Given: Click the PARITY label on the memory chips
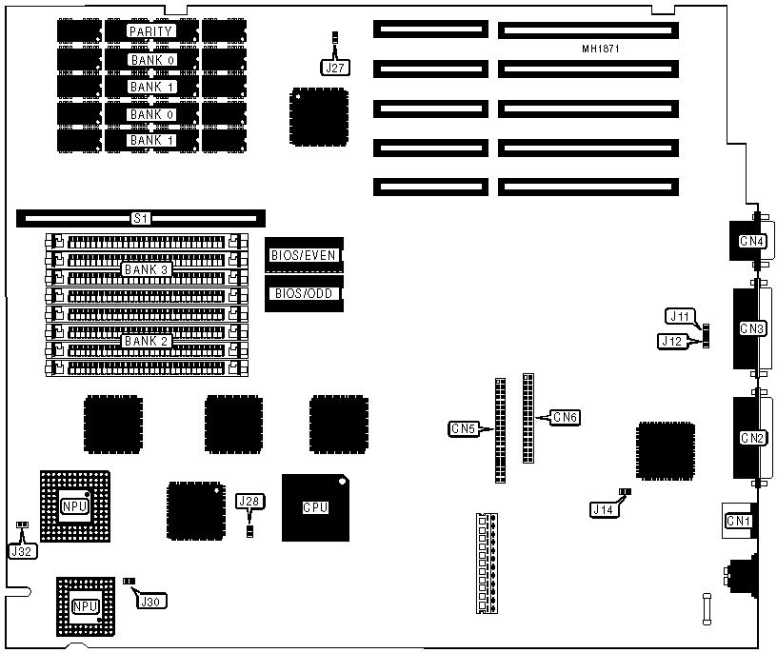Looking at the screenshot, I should tap(151, 31).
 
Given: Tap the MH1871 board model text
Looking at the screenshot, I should tap(601, 49).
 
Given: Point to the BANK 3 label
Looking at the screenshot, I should tap(146, 269).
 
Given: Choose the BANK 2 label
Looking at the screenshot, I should tap(146, 341).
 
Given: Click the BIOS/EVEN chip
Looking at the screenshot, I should tap(303, 255).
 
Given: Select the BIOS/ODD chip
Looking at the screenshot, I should tap(303, 293).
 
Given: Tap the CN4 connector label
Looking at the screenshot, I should tap(752, 241).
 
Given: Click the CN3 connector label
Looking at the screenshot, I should tap(752, 328).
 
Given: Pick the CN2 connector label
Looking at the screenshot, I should tap(752, 438).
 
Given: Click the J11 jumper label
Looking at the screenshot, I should tap(679, 315).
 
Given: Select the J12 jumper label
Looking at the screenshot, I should tap(672, 340).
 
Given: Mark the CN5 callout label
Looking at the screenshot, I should tap(463, 429).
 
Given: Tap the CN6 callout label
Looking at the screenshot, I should tap(564, 416).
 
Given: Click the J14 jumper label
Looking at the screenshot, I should tap(602, 510).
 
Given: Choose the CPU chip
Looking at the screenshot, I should tap(315, 507).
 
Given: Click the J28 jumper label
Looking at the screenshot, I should tap(249, 502).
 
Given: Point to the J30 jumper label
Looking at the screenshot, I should tap(150, 601).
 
